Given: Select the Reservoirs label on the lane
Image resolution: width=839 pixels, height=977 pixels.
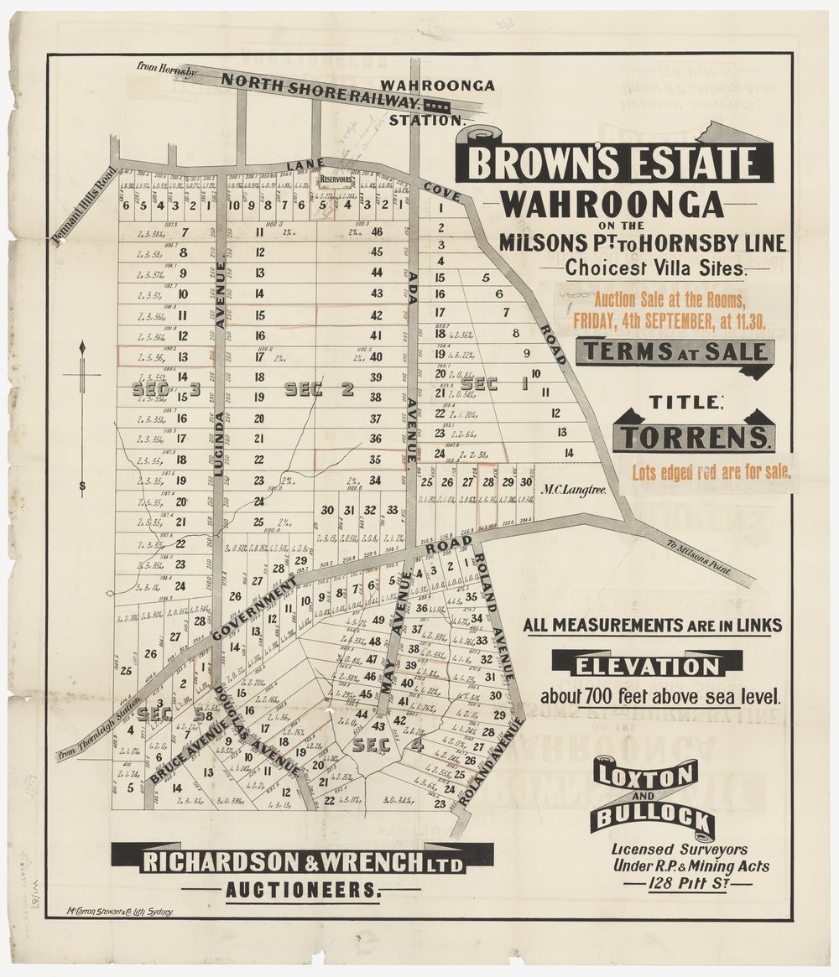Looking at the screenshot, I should [x=335, y=179].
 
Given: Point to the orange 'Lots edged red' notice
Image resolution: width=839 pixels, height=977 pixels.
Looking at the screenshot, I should [x=705, y=472].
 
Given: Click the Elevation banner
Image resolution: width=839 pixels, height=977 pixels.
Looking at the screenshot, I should [x=647, y=666].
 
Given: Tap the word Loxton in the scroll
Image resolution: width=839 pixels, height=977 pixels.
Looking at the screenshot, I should [x=645, y=777].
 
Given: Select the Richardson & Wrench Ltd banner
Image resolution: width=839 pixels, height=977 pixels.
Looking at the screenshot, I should [x=302, y=861].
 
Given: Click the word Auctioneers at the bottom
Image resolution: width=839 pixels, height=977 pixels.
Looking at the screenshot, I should [x=302, y=890].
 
